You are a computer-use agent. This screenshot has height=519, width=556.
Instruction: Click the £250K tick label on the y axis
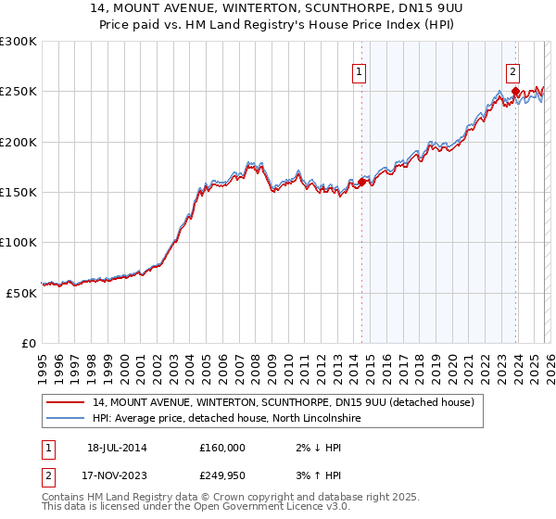click(x=19, y=92)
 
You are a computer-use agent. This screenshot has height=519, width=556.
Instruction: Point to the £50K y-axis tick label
click(x=21, y=292)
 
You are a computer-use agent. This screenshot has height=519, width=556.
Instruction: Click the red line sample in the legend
click(x=66, y=402)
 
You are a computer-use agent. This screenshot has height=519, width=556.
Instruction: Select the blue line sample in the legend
click(x=66, y=419)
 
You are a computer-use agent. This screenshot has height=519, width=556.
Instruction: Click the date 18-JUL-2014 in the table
click(x=118, y=448)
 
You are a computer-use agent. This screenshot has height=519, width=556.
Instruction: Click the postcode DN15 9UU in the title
click(x=403, y=9)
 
